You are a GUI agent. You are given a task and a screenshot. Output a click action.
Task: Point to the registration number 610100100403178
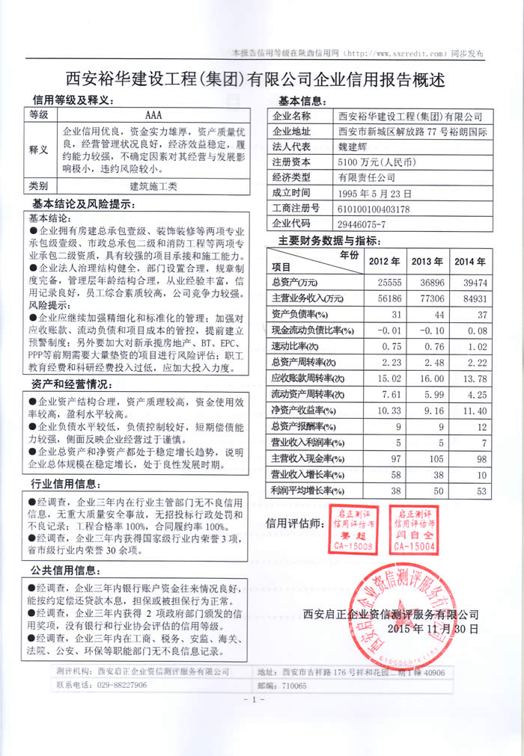374,208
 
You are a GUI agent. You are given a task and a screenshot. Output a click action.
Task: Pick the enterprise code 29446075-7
362,224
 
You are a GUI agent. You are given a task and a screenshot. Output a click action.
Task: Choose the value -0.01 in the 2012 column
388,331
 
